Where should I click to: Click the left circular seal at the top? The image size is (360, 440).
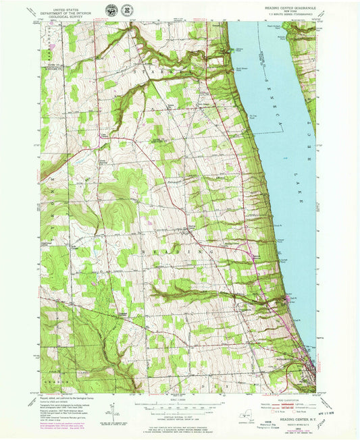click(x=111, y=10)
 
